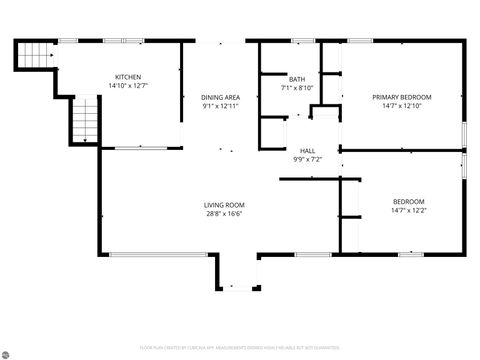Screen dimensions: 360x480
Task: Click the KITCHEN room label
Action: (128, 77)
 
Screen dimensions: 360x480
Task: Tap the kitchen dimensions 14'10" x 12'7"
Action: (128, 86)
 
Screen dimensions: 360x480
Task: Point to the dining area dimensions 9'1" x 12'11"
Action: (222, 106)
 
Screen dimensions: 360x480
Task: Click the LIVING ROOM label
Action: (224, 204)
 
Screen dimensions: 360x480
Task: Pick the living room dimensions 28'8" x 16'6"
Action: (224, 213)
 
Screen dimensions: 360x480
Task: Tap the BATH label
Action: (297, 79)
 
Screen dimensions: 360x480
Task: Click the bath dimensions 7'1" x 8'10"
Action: (297, 88)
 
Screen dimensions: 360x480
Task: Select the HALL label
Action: (307, 150)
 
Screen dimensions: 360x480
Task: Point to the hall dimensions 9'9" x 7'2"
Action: (307, 159)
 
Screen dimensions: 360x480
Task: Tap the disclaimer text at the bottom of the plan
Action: (240, 348)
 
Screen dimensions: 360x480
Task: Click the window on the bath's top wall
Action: (303, 41)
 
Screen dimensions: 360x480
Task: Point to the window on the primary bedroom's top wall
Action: (360, 41)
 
